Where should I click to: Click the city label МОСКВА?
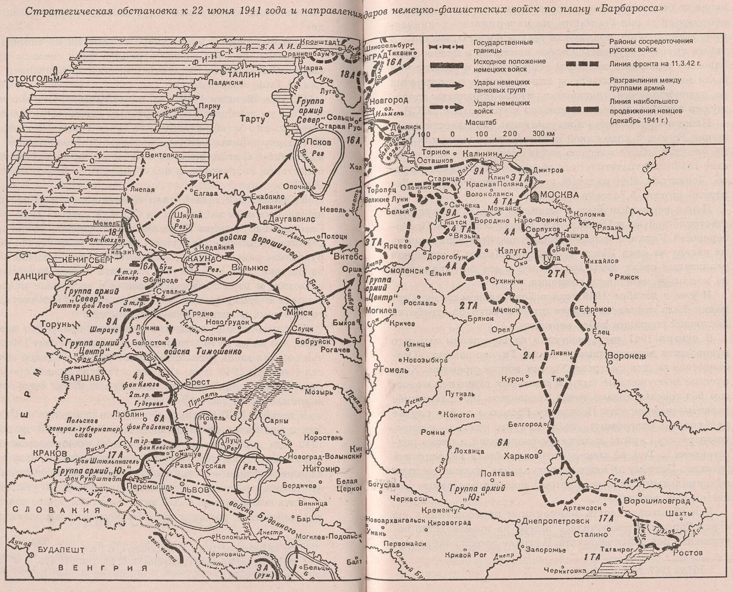559,195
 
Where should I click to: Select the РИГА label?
218,176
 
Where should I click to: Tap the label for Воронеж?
626,355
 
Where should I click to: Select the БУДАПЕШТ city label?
58,549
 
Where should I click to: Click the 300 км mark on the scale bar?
543,133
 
